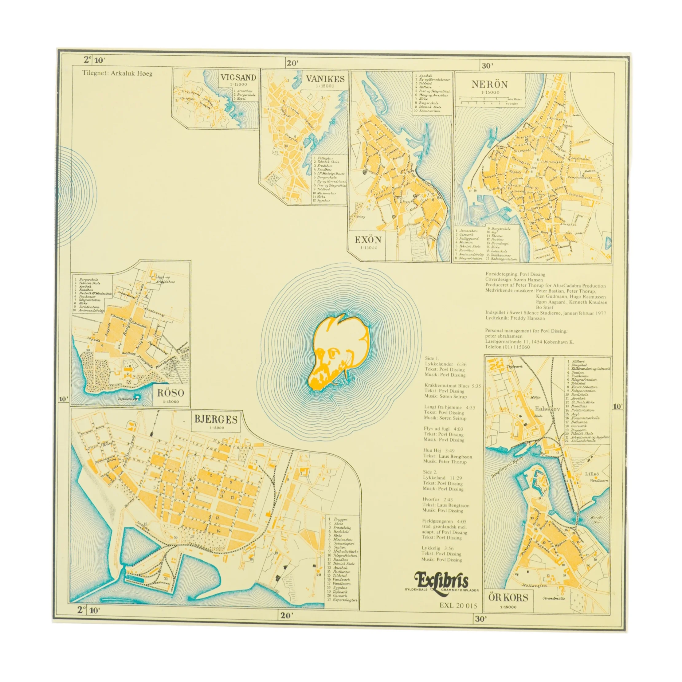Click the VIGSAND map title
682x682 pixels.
[x=239, y=77]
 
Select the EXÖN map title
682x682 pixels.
[x=368, y=240]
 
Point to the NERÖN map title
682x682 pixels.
[x=489, y=84]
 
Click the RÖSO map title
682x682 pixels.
[x=171, y=393]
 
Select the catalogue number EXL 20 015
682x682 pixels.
[x=458, y=606]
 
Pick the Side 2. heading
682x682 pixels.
[x=430, y=472]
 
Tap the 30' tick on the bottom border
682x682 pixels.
[x=480, y=618]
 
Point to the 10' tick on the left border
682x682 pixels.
[x=63, y=399]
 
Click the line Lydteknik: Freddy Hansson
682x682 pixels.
[x=515, y=318]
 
